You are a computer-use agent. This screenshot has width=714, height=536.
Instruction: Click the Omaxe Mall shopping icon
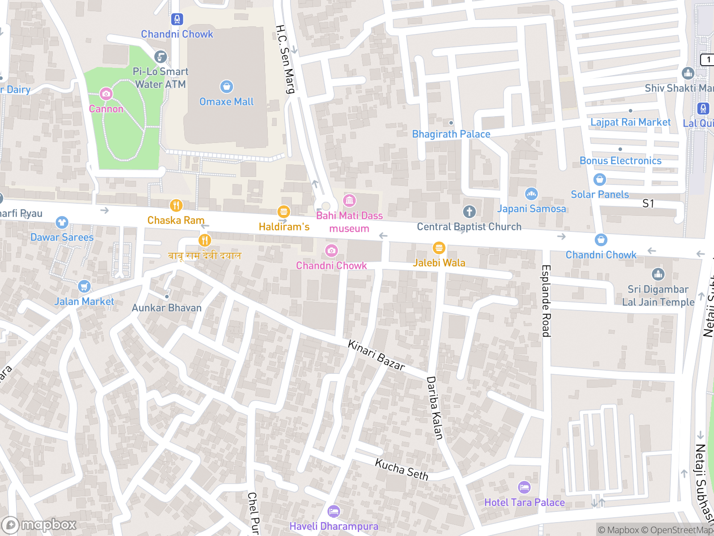pos(226,86)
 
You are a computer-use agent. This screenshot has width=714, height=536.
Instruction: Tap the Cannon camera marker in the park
pos(106,94)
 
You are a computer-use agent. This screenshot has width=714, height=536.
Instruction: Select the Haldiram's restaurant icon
pos(283,211)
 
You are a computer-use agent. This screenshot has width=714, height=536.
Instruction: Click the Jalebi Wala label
pos(439,263)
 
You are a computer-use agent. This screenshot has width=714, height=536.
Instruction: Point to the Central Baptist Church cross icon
pos(469,211)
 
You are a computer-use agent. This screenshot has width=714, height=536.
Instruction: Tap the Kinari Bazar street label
pos(376,356)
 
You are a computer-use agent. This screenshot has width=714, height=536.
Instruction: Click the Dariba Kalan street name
pos(435,408)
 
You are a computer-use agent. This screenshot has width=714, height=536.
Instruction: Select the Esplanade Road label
pos(546,301)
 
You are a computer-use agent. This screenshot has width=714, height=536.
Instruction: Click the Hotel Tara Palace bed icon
pos(524,487)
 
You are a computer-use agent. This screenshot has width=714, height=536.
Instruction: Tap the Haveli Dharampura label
pos(334,526)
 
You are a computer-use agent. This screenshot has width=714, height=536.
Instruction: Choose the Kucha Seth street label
pos(402,469)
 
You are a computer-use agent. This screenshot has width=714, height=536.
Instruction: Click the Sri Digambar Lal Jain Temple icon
pos(658,274)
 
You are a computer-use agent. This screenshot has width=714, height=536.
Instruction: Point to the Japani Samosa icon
pos(531,194)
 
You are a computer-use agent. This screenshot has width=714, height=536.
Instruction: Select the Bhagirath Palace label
pos(451,134)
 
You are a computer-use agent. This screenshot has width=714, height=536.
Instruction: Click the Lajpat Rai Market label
pos(630,122)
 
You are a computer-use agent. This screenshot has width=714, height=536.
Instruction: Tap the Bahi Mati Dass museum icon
pos(349,201)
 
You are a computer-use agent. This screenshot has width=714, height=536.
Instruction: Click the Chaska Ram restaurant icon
pos(176,205)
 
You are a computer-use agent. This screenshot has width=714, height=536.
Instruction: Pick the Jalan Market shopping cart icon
pos(84,286)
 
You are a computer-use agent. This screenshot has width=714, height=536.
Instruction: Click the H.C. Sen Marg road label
pos(285,59)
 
